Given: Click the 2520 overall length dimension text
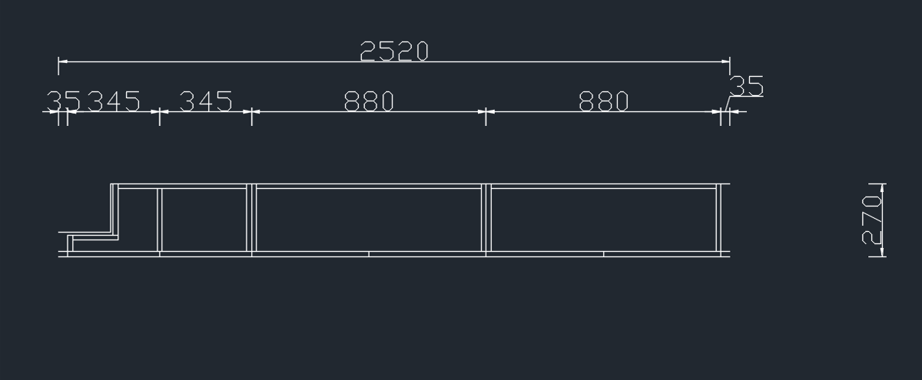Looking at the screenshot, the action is pos(393,51).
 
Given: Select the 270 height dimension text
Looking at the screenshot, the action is pos(871,220).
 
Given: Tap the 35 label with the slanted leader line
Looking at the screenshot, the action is pos(746,86).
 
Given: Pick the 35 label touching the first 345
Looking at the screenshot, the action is pos(64,101).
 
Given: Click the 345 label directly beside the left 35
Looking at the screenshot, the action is pos(114,101).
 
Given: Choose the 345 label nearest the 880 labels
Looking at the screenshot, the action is pos(206,101).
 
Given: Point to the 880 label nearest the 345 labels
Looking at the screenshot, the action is pos(369,101).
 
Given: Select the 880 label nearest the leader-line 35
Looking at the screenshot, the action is pos(603,101).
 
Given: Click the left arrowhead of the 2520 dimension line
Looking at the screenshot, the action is pos(62,61).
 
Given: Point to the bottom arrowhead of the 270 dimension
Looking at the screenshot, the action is pos(881,252).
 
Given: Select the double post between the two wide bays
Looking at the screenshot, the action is pos(486,218).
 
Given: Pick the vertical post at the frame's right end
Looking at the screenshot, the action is pos(720,218).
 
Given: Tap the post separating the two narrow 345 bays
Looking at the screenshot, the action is pos(160,220).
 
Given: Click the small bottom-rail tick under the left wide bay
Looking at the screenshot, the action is pos(369,253).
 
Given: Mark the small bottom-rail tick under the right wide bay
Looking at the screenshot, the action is pos(603,253).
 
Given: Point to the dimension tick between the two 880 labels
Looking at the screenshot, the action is pos(486,112).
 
